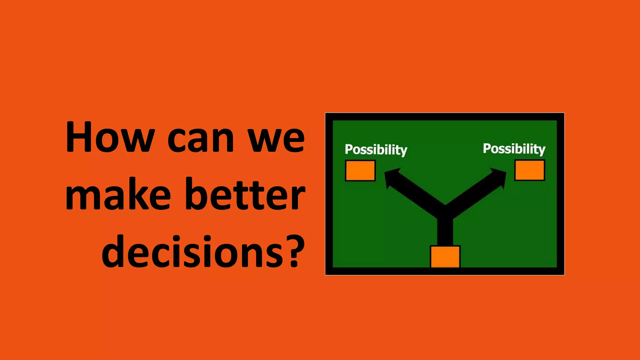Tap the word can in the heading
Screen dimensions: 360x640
click(x=200, y=139)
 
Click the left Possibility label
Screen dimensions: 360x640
click(x=376, y=150)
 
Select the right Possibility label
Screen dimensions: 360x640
click(x=514, y=149)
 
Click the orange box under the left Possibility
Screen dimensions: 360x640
click(x=360, y=171)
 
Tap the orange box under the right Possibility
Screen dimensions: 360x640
click(x=530, y=170)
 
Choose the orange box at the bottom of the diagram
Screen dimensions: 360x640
click(x=445, y=257)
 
